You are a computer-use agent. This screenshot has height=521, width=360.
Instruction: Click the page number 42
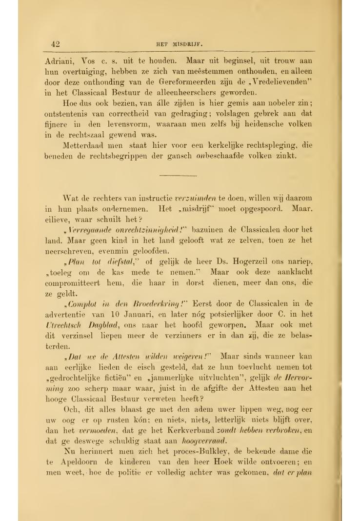(55, 44)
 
